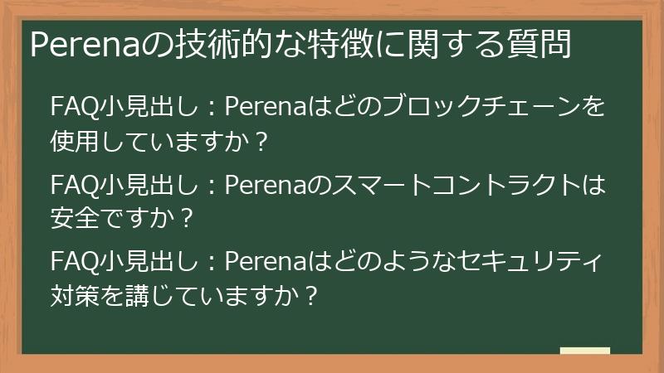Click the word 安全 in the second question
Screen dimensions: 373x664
click(75, 219)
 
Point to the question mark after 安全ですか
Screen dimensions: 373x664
click(187, 219)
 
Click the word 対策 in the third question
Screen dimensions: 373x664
click(75, 296)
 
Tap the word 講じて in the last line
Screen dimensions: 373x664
click(149, 296)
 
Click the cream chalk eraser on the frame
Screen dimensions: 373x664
click(584, 351)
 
